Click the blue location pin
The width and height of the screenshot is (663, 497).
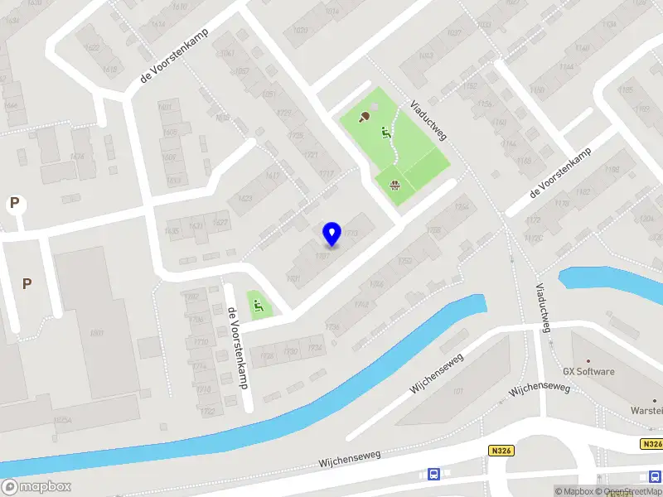[332, 234]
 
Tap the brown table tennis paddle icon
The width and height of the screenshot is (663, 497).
[365, 117]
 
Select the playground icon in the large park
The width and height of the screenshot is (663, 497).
[385, 131]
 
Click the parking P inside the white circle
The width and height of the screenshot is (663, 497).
[14, 203]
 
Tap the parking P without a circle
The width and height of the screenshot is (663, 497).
[27, 283]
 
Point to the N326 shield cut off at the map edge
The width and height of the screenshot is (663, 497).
[652, 445]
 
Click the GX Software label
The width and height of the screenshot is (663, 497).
[588, 372]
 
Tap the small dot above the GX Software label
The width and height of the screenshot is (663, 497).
[588, 360]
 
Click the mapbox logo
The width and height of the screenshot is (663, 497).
[36, 486]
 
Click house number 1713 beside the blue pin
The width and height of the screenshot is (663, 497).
[351, 234]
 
